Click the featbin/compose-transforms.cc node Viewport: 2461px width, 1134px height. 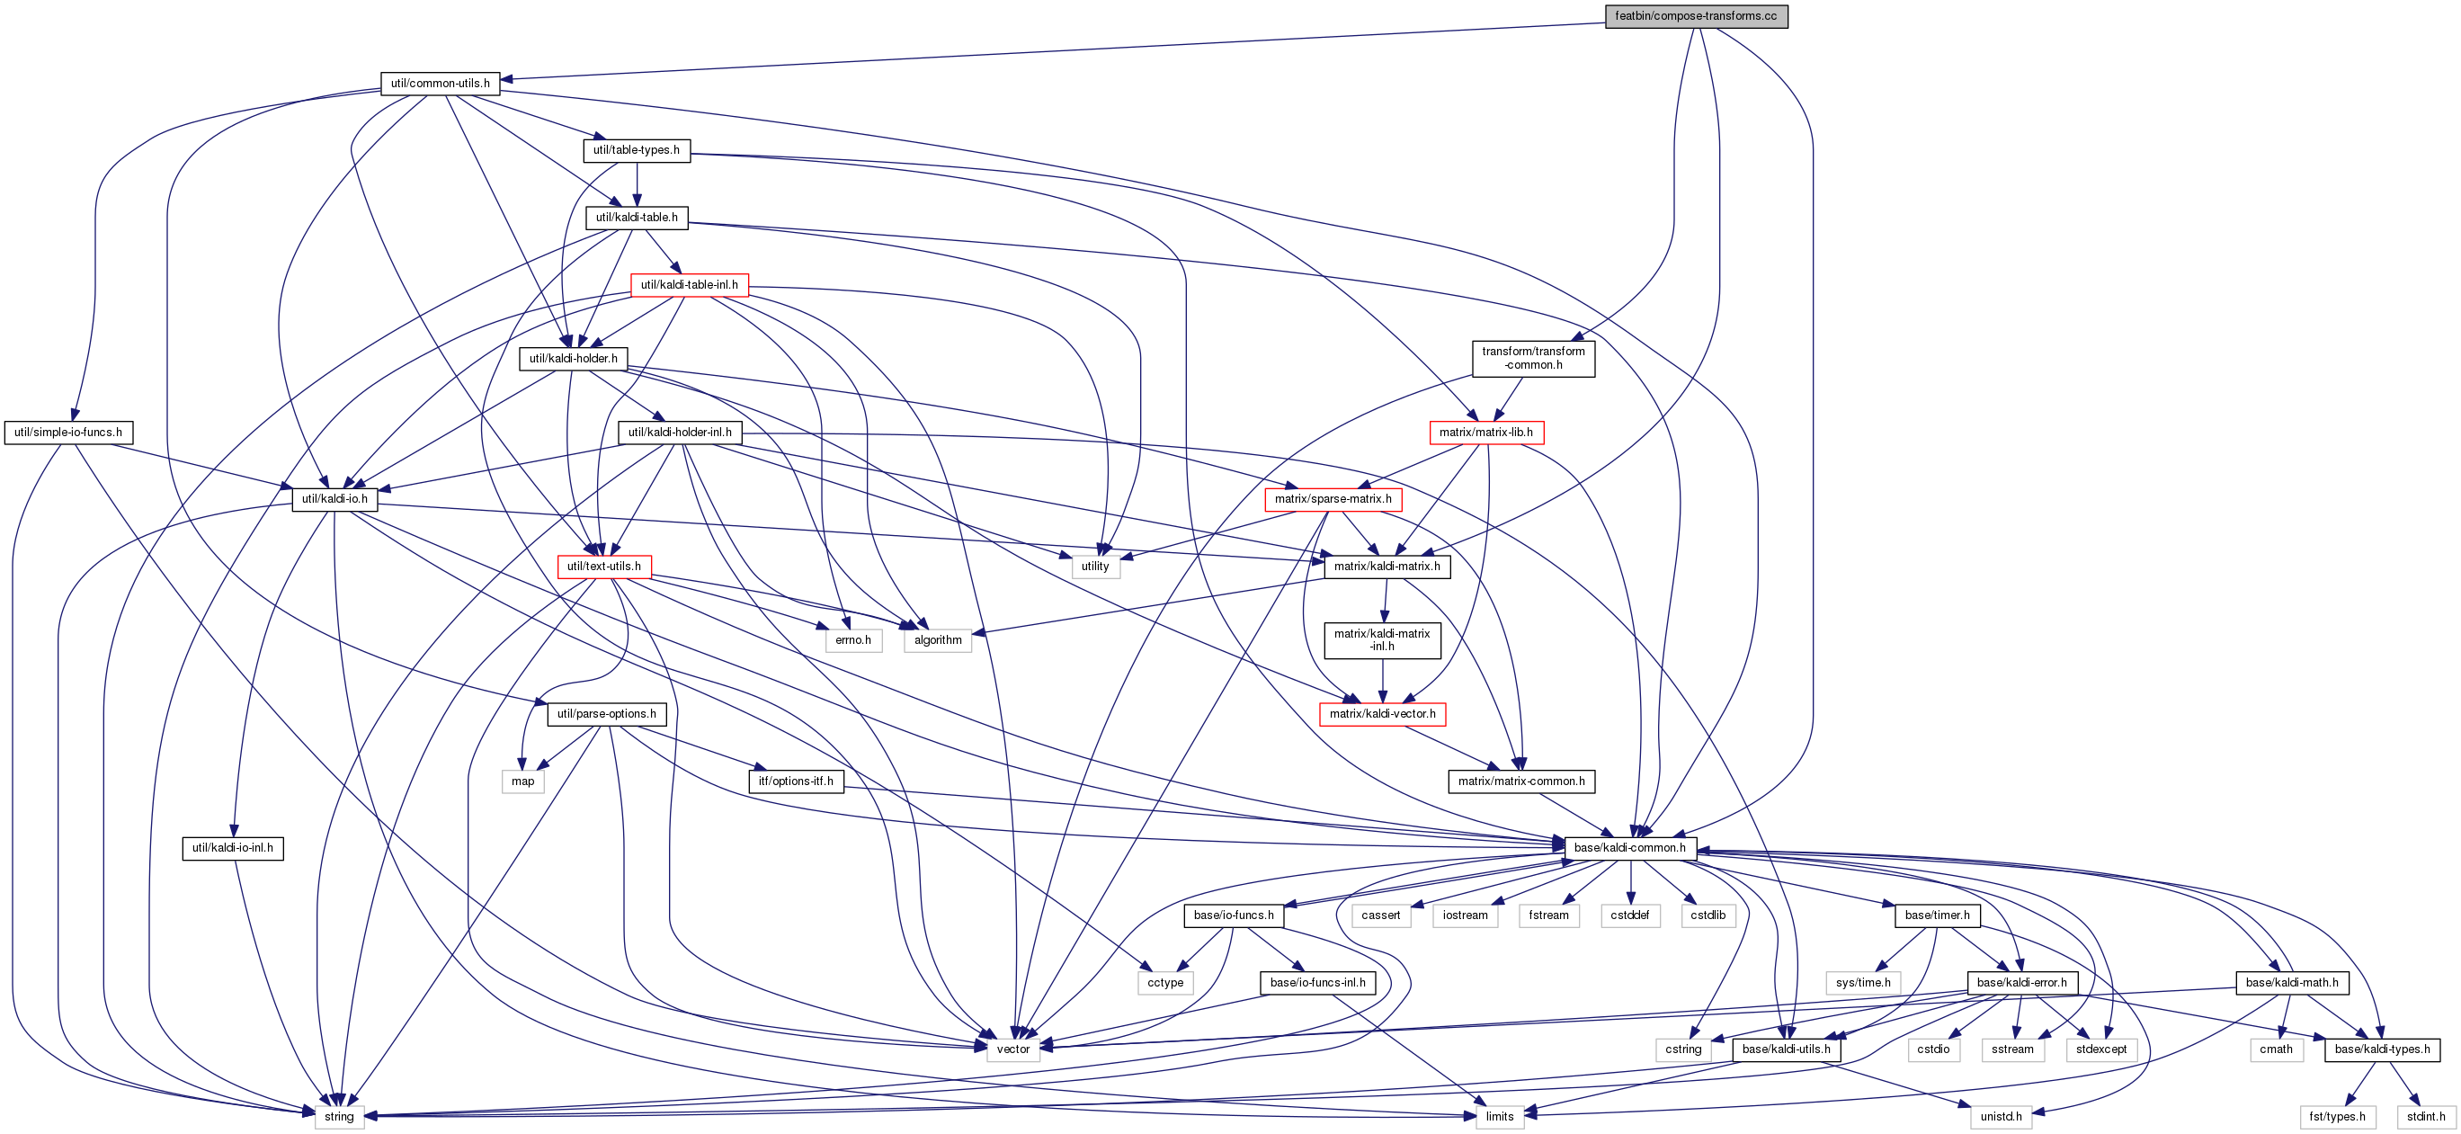click(1696, 16)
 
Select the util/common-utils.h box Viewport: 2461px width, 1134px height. click(441, 83)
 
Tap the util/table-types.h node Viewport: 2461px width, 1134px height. click(637, 150)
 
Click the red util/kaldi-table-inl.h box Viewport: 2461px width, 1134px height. click(690, 285)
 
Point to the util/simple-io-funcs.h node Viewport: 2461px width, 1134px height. click(68, 432)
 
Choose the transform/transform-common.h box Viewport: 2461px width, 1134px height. click(1533, 358)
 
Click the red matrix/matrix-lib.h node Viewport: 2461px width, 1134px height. click(1486, 432)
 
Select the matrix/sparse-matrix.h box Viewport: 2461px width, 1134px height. click(1333, 499)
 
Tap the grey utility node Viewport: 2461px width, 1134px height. click(1095, 567)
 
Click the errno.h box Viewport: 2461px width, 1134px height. click(853, 640)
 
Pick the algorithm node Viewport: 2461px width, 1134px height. click(938, 640)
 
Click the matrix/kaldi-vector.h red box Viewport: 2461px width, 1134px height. click(1382, 714)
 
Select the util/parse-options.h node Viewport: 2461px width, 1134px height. click(607, 714)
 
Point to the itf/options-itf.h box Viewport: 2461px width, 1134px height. click(796, 781)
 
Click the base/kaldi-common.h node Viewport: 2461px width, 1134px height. click(1630, 847)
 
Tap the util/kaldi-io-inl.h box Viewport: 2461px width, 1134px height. click(232, 847)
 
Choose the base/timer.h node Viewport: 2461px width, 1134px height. click(1938, 915)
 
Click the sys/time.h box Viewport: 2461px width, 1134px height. click(1863, 982)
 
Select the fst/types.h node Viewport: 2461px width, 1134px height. click(2338, 1116)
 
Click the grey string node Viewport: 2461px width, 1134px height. click(339, 1116)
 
